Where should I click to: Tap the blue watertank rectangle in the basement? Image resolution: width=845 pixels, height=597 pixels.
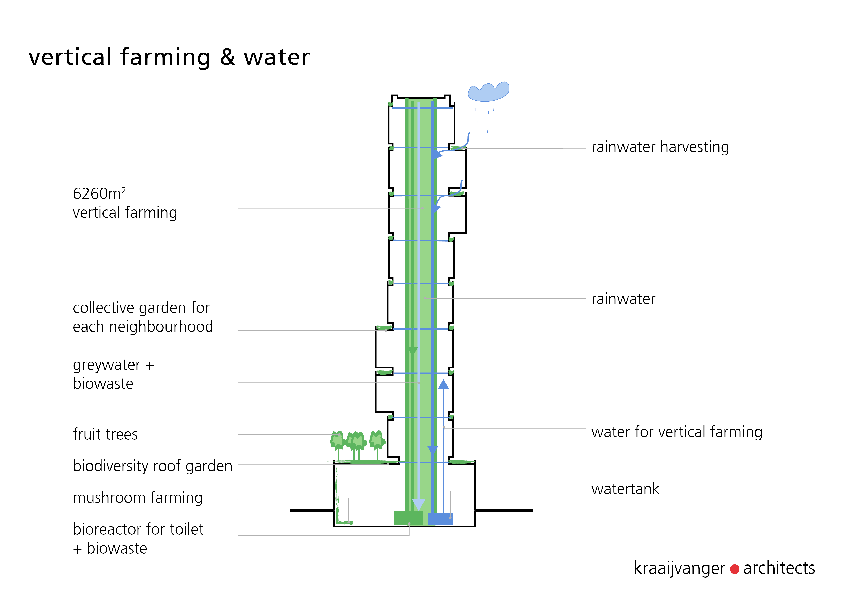[440, 519]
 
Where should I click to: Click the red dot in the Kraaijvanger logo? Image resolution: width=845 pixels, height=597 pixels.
[735, 569]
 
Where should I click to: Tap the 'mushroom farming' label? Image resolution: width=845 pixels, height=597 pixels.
[138, 498]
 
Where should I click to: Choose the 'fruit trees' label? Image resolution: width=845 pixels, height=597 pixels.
[105, 434]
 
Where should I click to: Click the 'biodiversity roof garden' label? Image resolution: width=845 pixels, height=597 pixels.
[152, 466]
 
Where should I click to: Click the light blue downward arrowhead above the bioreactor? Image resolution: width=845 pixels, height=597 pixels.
[418, 504]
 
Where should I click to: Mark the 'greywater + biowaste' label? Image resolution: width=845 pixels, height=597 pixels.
[113, 374]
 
